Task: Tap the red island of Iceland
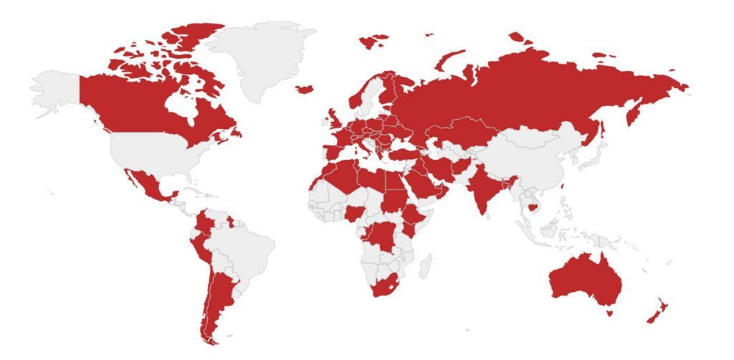pos(304,89)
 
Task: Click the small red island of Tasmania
pos(609,312)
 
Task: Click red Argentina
pos(222,301)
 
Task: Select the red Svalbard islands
pos(373,42)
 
